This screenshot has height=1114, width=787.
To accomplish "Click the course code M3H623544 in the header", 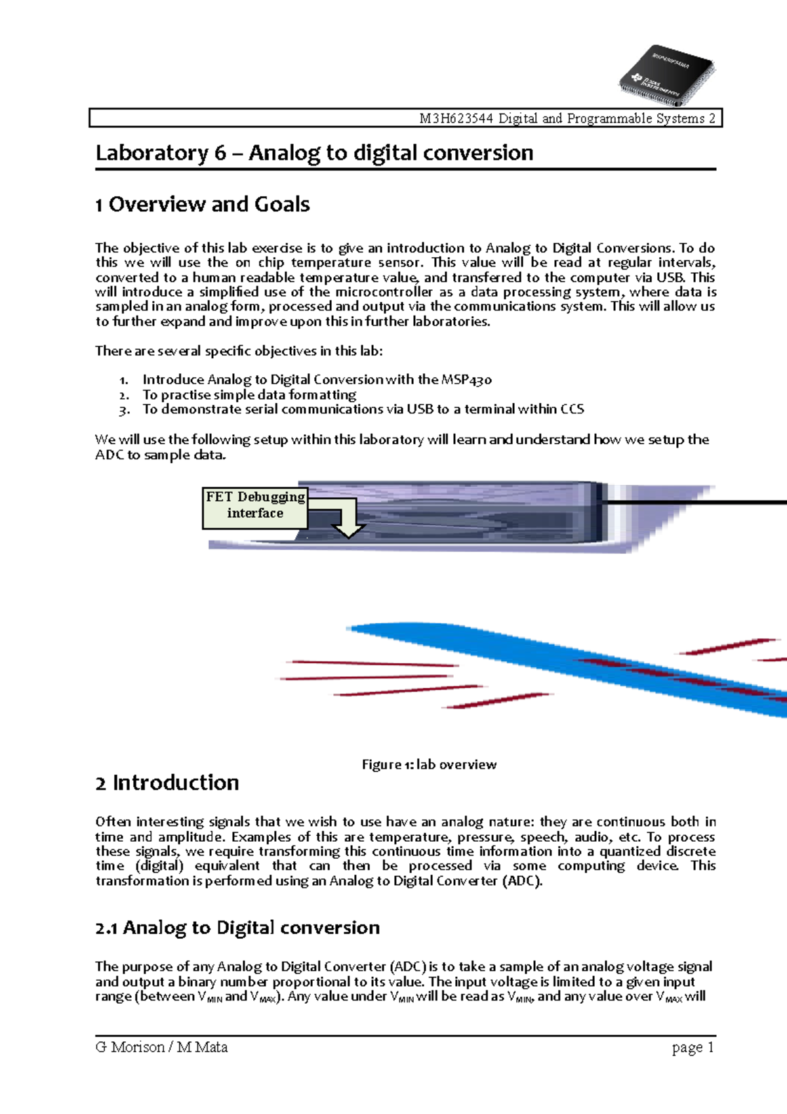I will tap(457, 119).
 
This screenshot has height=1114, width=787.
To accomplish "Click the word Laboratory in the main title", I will tap(151, 153).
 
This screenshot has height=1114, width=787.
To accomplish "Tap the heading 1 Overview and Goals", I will tap(202, 205).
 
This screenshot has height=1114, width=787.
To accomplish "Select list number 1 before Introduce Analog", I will tap(123, 380).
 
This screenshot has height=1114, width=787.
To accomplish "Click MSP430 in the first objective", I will tap(466, 380).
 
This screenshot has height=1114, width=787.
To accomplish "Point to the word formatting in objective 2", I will tap(323, 395).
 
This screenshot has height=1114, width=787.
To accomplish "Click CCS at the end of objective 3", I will tap(572, 409).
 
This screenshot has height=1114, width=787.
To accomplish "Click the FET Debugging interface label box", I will tap(254, 506).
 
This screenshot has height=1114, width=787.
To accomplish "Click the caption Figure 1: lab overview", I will tap(429, 764).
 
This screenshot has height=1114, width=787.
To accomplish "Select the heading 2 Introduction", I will tap(167, 783).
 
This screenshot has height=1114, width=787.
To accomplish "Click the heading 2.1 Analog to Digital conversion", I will tap(237, 928).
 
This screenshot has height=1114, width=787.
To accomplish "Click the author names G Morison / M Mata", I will tap(161, 1047).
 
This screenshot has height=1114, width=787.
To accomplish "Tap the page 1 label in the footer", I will tap(693, 1048).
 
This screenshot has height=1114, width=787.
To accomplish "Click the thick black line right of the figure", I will tap(695, 503).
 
